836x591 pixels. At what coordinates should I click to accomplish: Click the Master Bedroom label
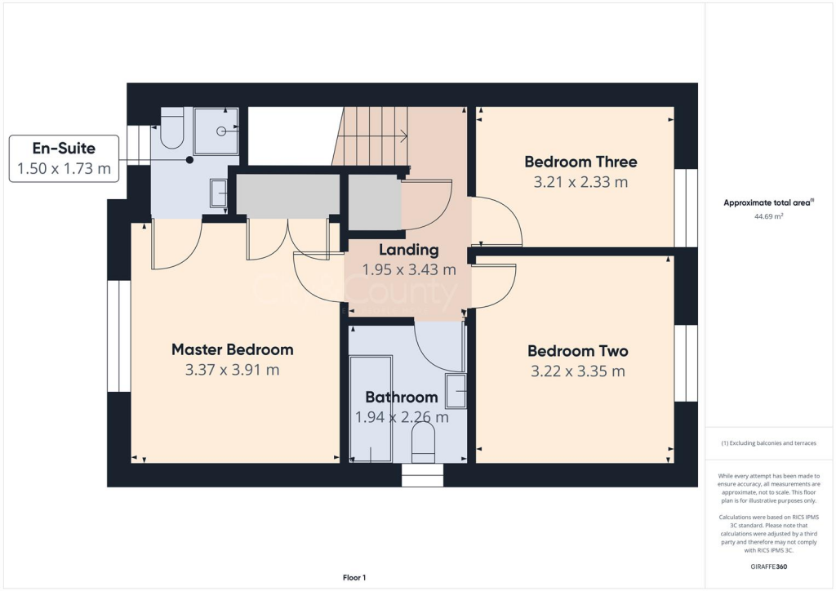click(x=232, y=349)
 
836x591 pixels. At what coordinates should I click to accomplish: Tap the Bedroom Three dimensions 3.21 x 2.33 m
click(x=580, y=182)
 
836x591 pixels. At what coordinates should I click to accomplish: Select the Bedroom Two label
click(x=577, y=351)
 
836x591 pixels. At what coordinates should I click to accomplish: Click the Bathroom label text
click(x=401, y=398)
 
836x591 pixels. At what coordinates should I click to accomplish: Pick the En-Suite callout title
click(x=64, y=149)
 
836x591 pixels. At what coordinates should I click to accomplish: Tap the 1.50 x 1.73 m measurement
click(x=64, y=170)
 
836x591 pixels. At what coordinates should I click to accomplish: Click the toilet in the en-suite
click(x=172, y=131)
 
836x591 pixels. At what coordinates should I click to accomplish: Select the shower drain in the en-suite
click(x=221, y=131)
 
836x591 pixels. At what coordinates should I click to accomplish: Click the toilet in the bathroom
click(x=423, y=445)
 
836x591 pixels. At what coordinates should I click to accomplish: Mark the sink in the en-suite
click(x=219, y=193)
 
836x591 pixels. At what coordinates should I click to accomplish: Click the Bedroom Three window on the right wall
click(x=686, y=207)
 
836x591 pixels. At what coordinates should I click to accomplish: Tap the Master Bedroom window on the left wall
click(x=118, y=335)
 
